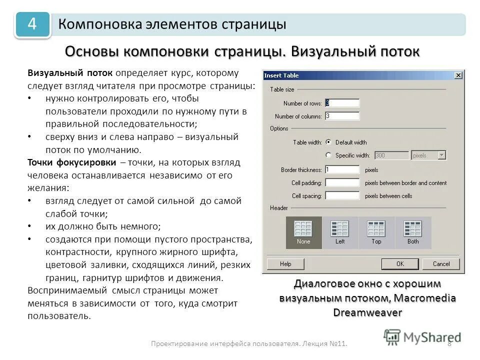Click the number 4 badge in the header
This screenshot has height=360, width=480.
point(32,24)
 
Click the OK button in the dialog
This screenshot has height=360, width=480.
point(400,263)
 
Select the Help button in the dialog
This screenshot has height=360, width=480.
point(285,263)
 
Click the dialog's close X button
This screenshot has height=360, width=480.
point(458,75)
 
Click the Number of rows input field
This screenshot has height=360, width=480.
point(342,103)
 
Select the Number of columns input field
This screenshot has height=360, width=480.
point(342,116)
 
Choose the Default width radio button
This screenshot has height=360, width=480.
point(328,142)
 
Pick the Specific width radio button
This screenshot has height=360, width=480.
point(328,155)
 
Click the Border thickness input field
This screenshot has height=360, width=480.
point(342,169)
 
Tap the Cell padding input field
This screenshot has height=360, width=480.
point(342,182)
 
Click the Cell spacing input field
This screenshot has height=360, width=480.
point(342,195)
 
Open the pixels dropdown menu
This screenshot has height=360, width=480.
point(428,155)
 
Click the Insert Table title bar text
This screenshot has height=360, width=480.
point(281,75)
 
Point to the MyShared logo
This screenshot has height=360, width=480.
point(422,337)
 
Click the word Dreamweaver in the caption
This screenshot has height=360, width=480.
point(367,312)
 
